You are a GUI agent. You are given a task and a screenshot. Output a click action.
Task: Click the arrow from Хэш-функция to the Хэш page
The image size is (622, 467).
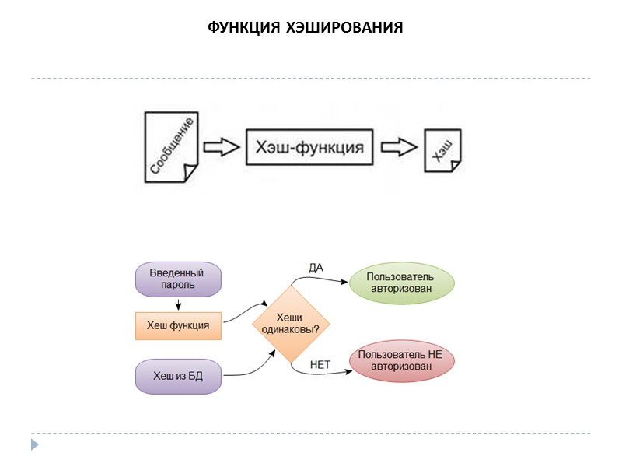click(399, 147)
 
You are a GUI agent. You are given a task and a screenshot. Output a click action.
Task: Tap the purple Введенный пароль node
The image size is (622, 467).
click(178, 279)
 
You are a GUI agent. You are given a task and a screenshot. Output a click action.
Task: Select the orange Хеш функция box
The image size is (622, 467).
click(178, 325)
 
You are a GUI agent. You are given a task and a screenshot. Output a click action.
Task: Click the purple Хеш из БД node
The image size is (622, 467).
click(178, 376)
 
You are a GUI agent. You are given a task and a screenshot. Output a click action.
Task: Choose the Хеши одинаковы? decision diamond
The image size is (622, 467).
click(290, 324)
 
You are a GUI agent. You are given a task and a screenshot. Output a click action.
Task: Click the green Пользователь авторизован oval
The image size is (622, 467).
click(402, 283)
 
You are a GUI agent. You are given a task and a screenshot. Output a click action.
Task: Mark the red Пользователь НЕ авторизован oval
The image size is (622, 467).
click(401, 360)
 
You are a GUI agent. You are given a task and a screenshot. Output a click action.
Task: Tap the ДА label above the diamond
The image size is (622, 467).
click(316, 268)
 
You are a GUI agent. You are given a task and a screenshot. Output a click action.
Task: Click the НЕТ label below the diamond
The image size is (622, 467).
click(320, 363)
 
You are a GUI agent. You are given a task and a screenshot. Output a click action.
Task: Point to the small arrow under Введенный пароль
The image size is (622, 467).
click(179, 304)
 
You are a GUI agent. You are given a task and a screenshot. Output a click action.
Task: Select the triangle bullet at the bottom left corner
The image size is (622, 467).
click(34, 445)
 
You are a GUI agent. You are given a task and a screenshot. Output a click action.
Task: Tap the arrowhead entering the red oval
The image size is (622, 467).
click(348, 372)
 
